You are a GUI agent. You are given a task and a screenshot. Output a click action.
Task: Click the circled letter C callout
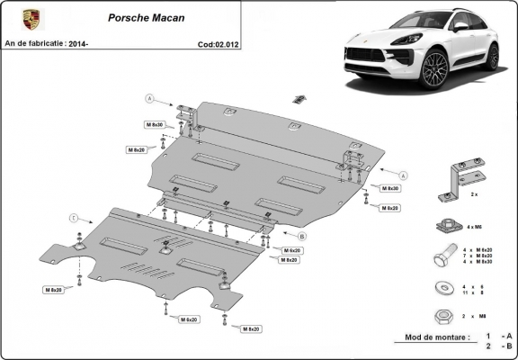click(x=73, y=218)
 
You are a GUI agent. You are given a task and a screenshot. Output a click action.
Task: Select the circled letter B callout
click(x=302, y=236)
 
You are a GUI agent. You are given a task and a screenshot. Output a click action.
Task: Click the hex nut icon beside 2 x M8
click(x=442, y=316)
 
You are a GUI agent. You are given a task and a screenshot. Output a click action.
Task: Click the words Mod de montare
click(x=431, y=337)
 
